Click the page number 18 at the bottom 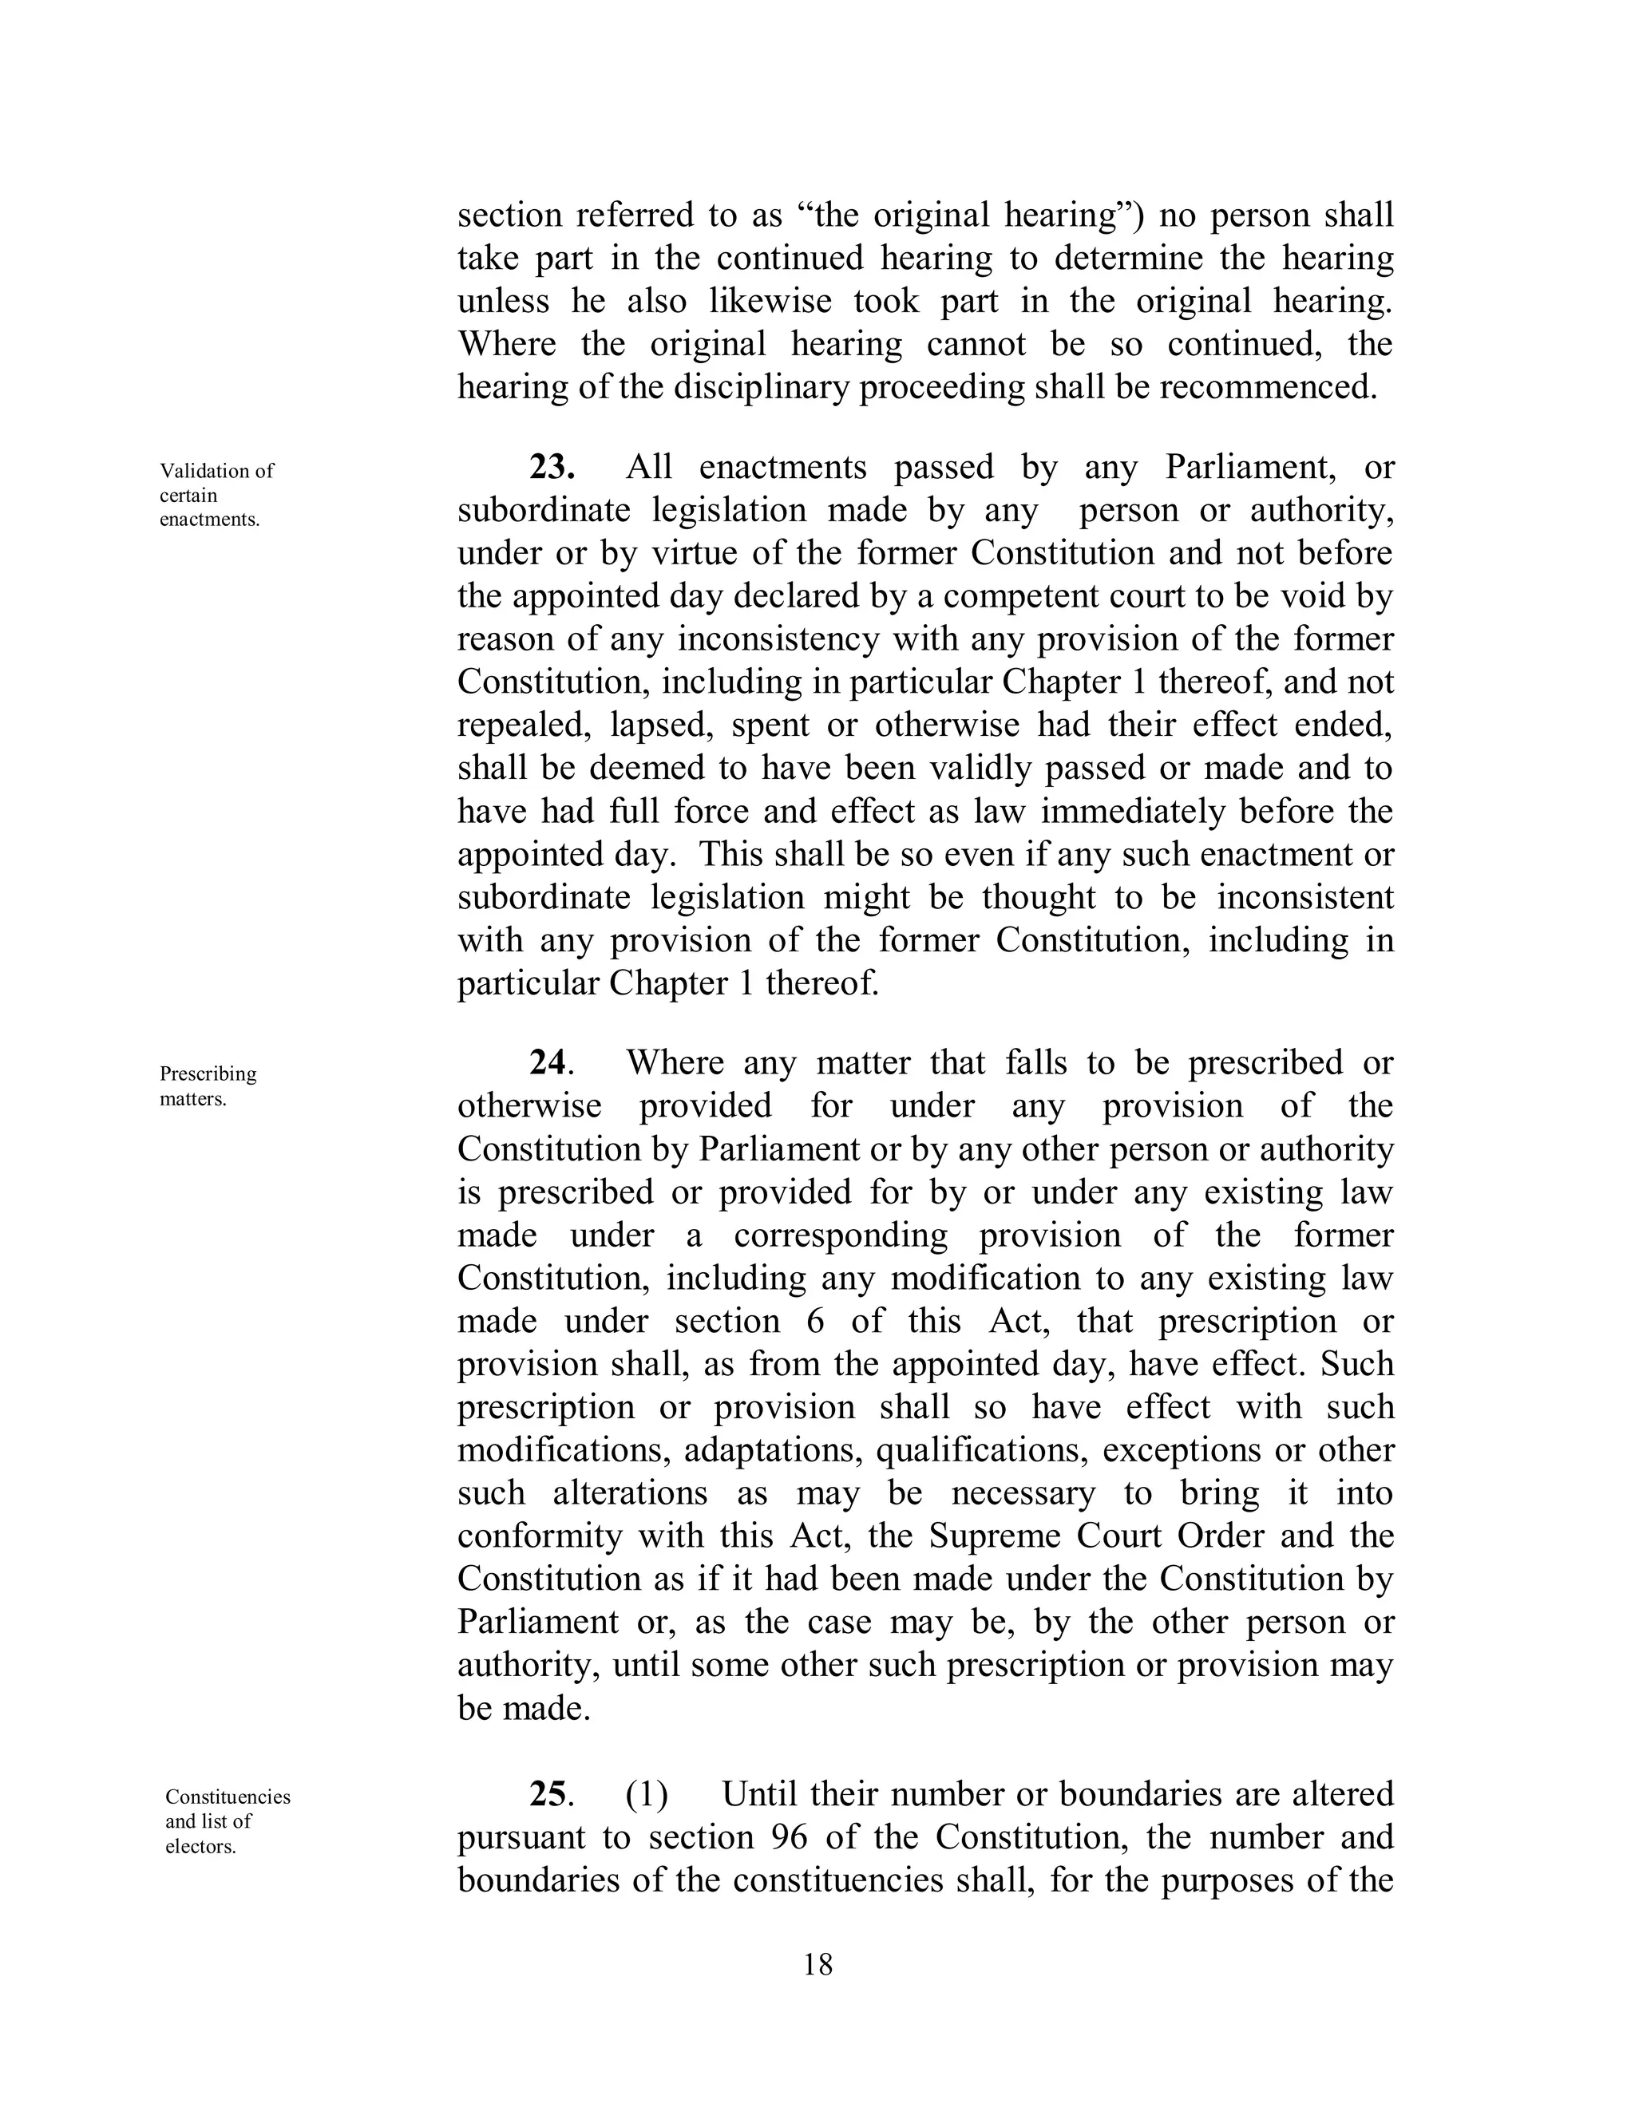click(x=817, y=1965)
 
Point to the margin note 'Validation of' click(x=217, y=471)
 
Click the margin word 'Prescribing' click(x=208, y=1074)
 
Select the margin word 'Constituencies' click(x=228, y=1797)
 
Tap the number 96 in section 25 click(x=790, y=1837)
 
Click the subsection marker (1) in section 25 click(x=646, y=1794)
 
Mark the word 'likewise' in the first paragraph click(x=770, y=301)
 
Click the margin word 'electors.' click(x=200, y=1847)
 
